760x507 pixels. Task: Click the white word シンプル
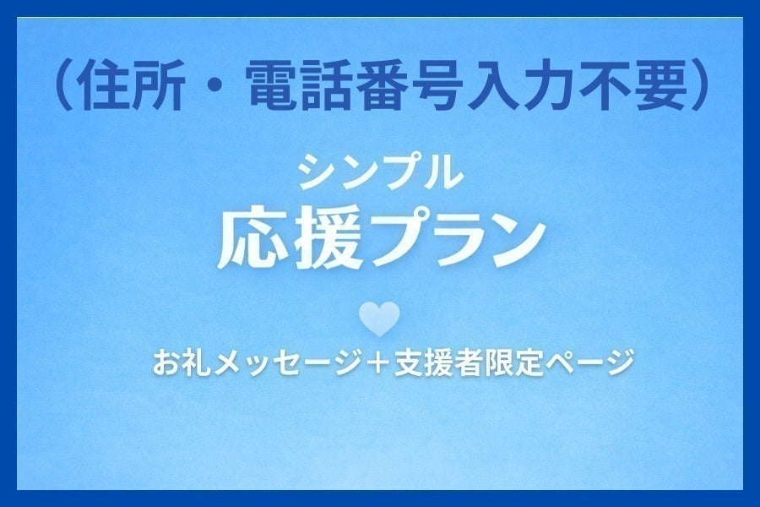[x=380, y=173]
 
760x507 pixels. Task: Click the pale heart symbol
[x=379, y=319]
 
